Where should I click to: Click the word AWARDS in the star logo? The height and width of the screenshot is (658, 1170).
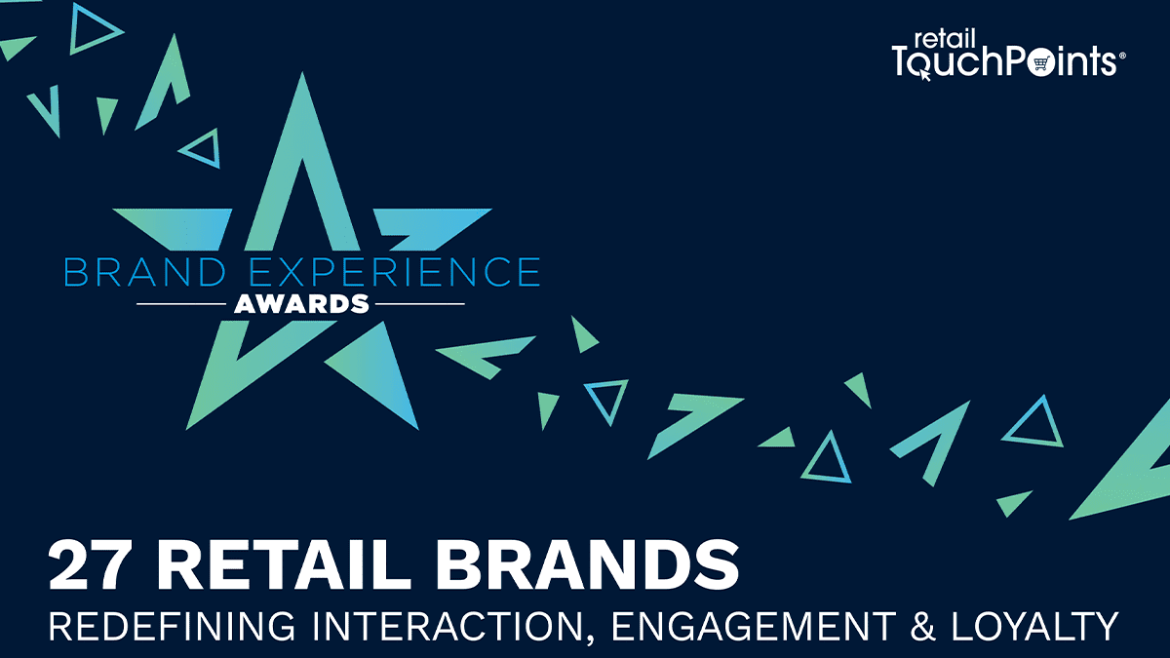pyautogui.click(x=301, y=304)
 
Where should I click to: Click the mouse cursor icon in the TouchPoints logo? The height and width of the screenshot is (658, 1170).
pyautogui.click(x=923, y=74)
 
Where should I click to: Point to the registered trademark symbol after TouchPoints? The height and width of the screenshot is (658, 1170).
pyautogui.click(x=1122, y=58)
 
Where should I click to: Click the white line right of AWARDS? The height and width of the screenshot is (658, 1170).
pyautogui.click(x=420, y=304)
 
